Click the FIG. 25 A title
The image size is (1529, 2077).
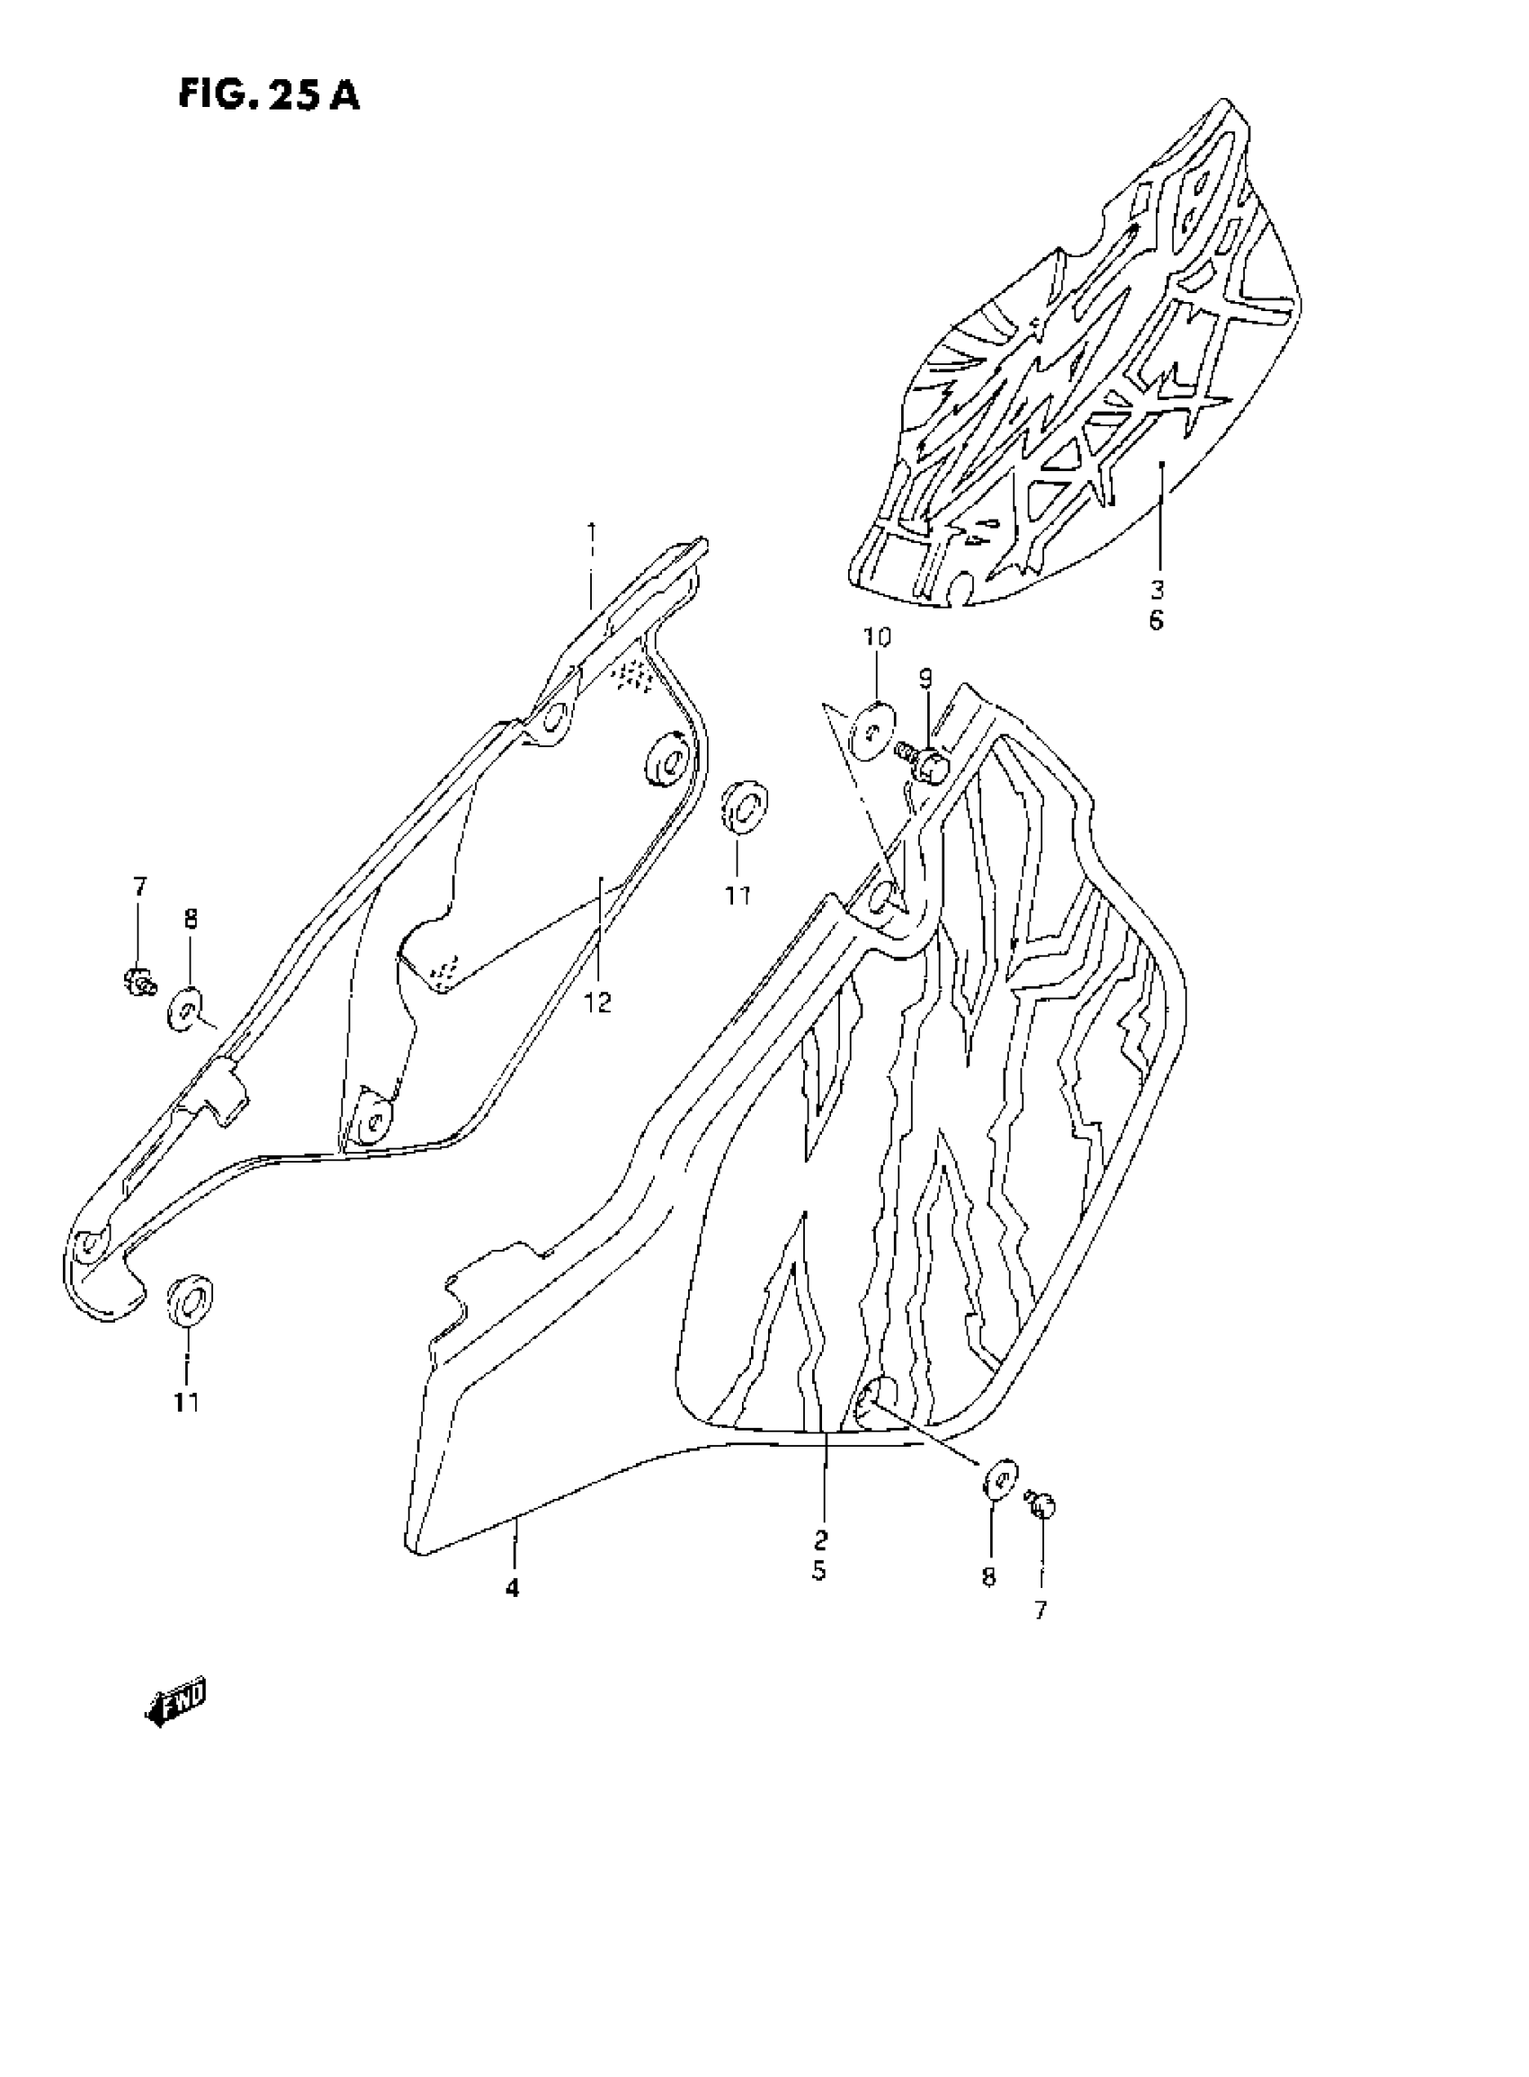268,94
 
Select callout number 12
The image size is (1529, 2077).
598,1003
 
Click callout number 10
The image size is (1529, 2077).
878,637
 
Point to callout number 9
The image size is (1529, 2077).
925,679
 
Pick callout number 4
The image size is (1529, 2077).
512,1589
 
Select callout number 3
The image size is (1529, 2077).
1157,588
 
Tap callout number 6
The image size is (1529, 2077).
1157,620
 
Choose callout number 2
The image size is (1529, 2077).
821,1539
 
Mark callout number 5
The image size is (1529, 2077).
820,1571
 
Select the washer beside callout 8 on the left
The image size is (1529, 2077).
186,1008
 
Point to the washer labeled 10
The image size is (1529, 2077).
872,730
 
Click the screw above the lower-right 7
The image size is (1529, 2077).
1042,1505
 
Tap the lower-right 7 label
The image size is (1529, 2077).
1041,1610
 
